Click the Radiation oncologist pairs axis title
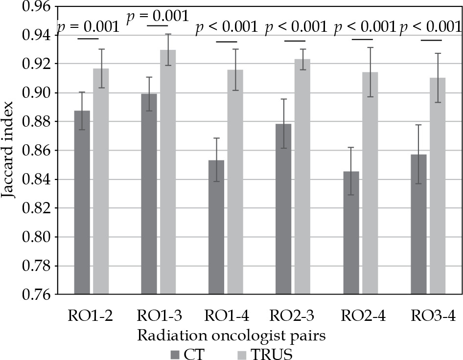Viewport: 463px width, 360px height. click(231, 336)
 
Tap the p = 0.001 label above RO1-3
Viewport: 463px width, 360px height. click(158, 16)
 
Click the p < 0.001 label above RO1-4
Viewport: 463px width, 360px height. click(226, 27)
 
